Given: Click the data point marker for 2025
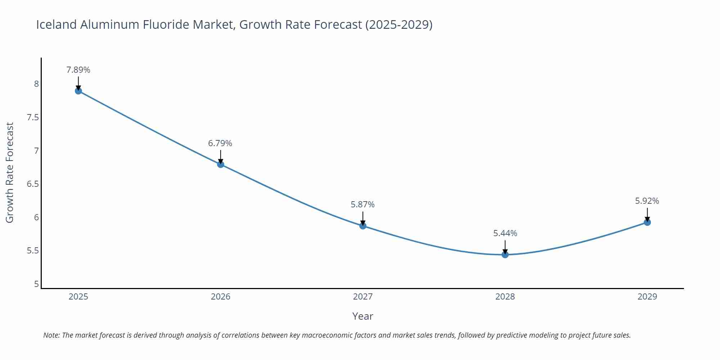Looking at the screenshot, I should pyautogui.click(x=78, y=91).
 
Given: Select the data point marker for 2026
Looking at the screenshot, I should pyautogui.click(x=221, y=165).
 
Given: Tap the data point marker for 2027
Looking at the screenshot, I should pyautogui.click(x=363, y=226).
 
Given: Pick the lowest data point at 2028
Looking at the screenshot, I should pyautogui.click(x=505, y=255).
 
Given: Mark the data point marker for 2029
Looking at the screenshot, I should pyautogui.click(x=647, y=222).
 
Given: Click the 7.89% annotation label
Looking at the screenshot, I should pyautogui.click(x=78, y=70).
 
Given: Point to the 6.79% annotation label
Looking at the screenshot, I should pyautogui.click(x=220, y=143).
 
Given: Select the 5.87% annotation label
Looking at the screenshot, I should pyautogui.click(x=363, y=204).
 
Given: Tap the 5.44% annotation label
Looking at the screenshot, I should pyautogui.click(x=505, y=233).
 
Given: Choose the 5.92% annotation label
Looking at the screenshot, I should pyautogui.click(x=647, y=201).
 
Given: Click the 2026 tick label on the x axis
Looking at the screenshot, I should pyautogui.click(x=220, y=297).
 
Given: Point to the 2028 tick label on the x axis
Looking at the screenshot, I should pyautogui.click(x=505, y=297).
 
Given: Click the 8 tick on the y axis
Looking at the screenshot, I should pyautogui.click(x=36, y=84).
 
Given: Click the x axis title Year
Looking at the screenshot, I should pyautogui.click(x=363, y=316).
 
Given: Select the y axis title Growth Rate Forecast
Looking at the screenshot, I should pyautogui.click(x=10, y=172).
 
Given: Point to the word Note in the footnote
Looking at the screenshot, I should pyautogui.click(x=51, y=335).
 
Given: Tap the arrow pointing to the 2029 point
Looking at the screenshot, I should pyautogui.click(x=647, y=215).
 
